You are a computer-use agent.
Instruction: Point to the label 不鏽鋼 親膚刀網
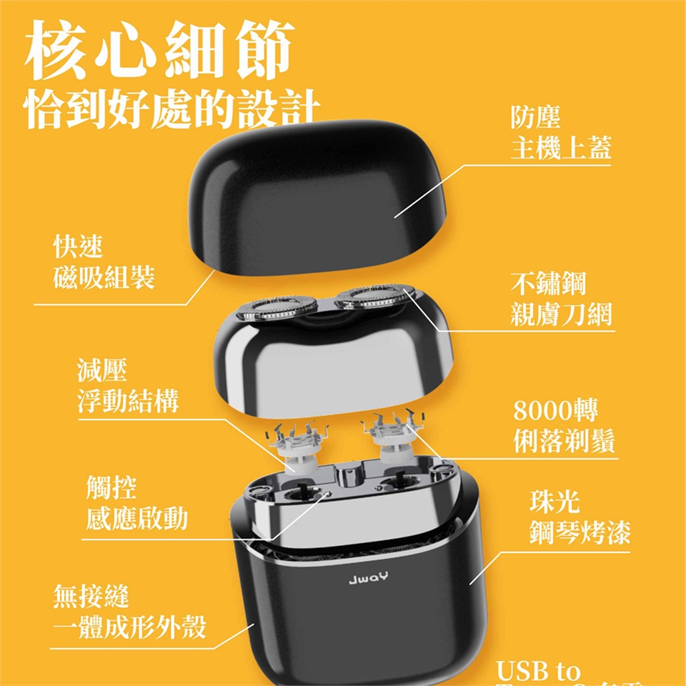pyautogui.click(x=562, y=299)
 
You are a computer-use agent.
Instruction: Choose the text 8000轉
pyautogui.click(x=557, y=412)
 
